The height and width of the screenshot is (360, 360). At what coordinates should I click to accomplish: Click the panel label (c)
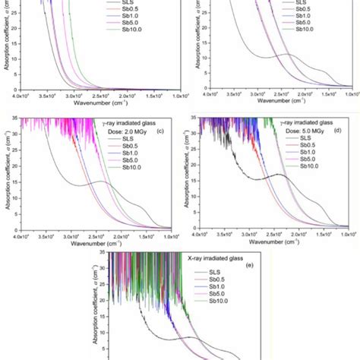[166, 134]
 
